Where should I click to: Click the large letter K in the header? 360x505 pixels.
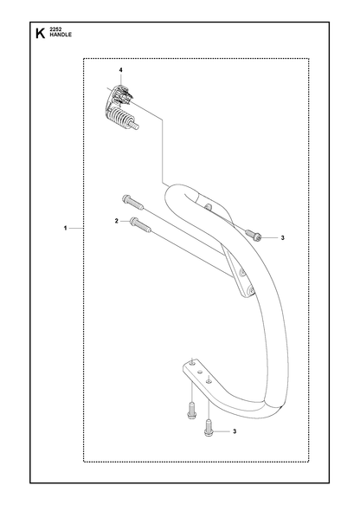pos(40,33)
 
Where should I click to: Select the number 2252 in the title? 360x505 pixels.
pos(55,29)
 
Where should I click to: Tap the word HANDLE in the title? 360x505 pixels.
pos(61,35)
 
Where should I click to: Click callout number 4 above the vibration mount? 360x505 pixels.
pos(120,70)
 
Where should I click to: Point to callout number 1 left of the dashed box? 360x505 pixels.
pos(65,228)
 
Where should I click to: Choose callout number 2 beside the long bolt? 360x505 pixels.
pos(117,221)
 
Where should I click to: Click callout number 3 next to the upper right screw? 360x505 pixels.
pos(282,238)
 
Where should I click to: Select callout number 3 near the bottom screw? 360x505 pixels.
pos(235,431)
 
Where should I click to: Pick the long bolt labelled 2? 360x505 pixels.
pos(140,224)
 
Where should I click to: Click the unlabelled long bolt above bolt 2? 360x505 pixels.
pos(132,202)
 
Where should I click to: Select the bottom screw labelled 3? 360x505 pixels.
pos(209,427)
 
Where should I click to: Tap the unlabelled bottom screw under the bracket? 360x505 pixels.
pos(191,410)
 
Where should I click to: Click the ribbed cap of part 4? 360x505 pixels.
pos(119,94)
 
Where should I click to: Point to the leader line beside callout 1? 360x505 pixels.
pos(76,228)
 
